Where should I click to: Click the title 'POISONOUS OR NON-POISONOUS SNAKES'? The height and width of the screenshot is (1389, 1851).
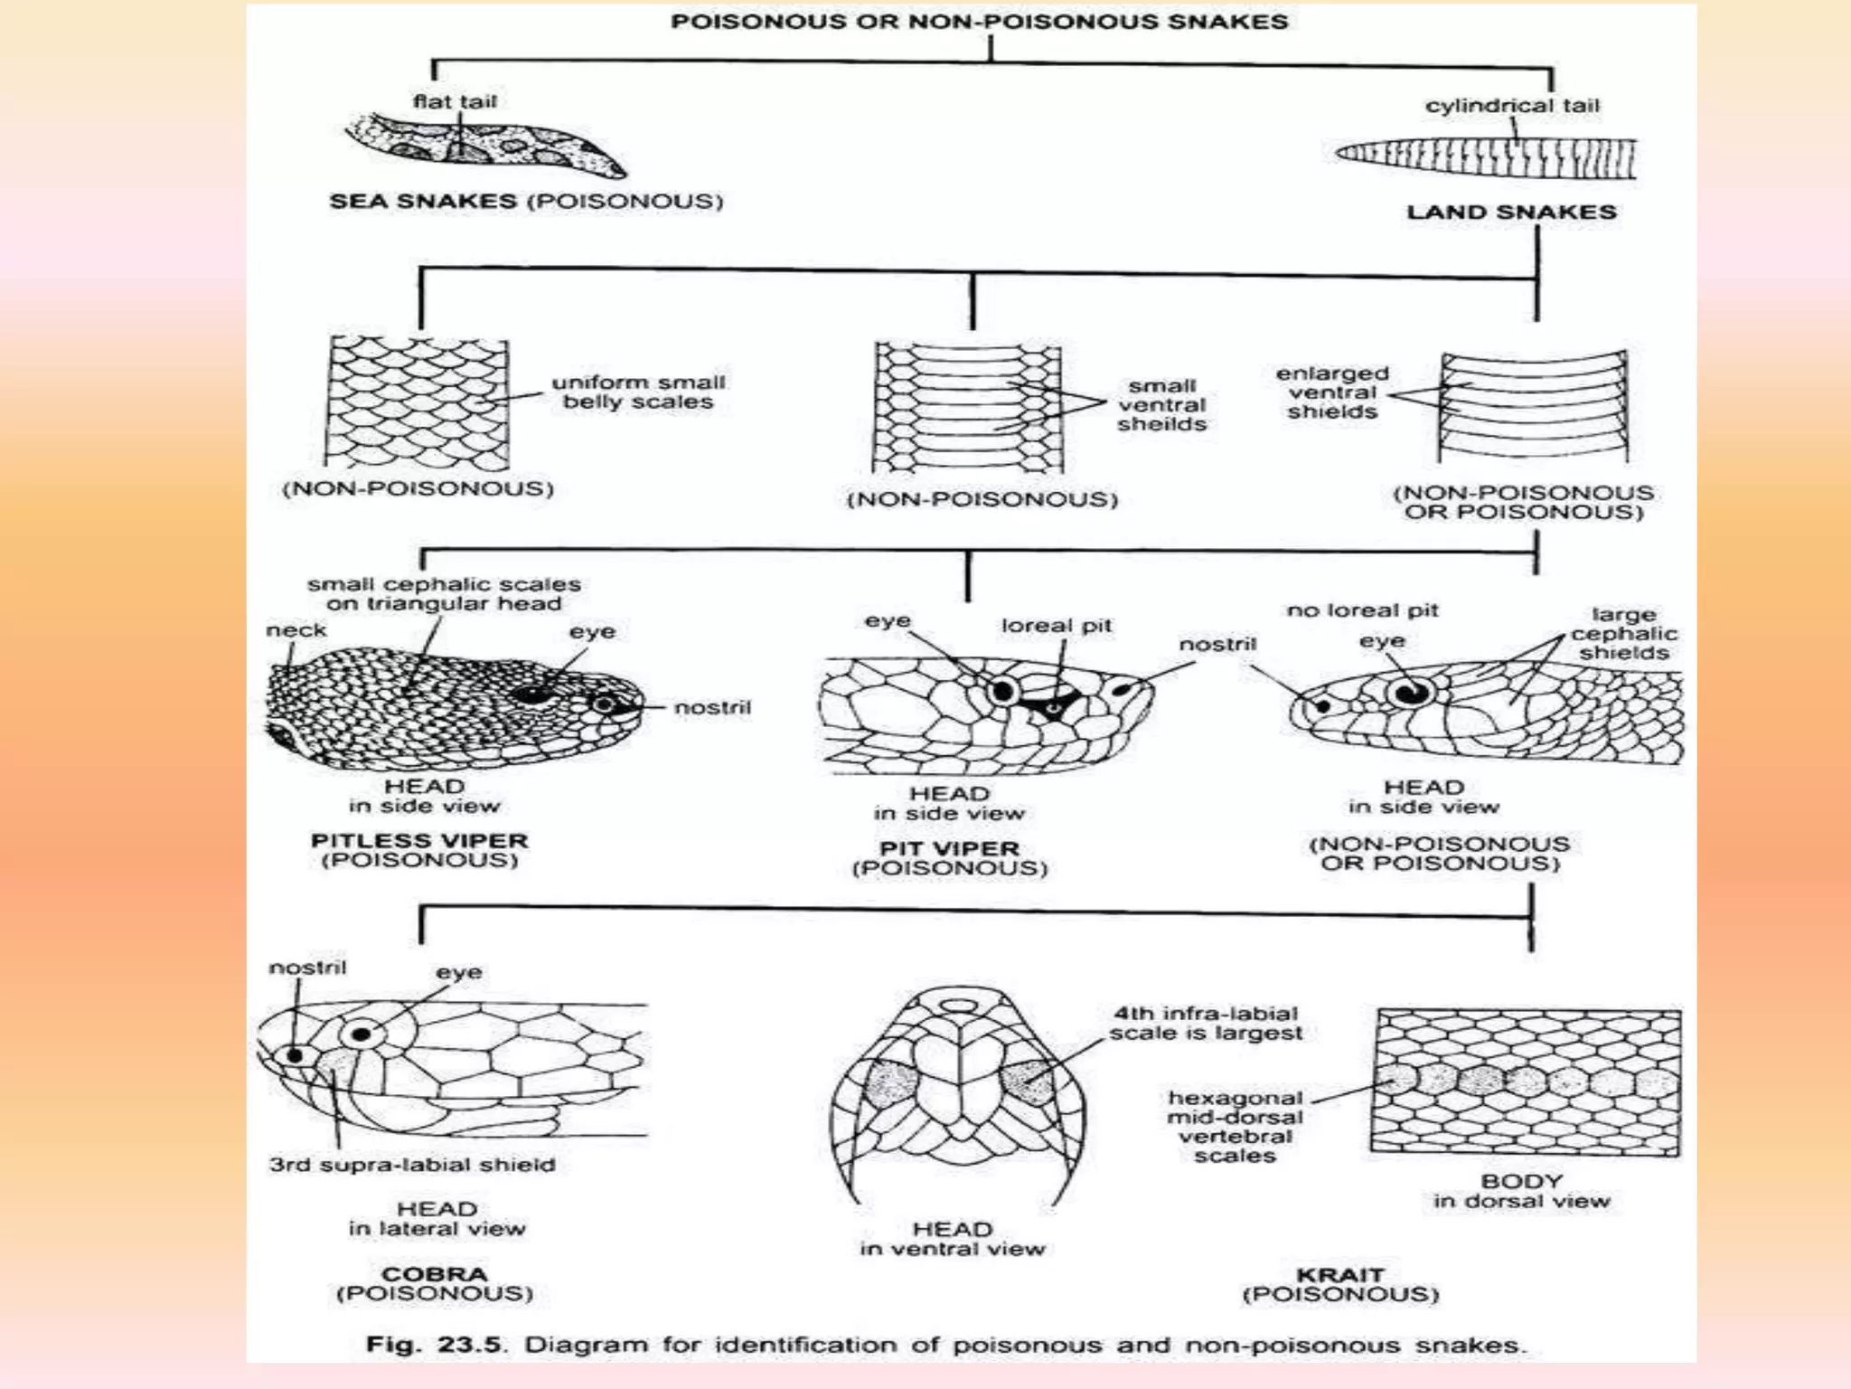click(x=979, y=22)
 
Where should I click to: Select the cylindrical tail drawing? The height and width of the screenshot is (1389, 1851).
click(x=1487, y=157)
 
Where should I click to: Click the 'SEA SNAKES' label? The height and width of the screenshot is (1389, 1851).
click(x=423, y=201)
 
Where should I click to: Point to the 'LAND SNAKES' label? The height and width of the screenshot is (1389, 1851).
click(x=1511, y=213)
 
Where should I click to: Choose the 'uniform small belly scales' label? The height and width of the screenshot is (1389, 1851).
click(x=638, y=392)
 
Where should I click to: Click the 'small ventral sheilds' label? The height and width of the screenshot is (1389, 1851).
click(x=1161, y=405)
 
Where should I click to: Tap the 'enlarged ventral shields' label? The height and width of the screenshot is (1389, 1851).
click(x=1332, y=392)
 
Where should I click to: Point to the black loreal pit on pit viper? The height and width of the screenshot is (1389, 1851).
click(x=1052, y=705)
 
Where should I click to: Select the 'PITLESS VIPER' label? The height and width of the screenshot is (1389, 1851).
click(x=419, y=841)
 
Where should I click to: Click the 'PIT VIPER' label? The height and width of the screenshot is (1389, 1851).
click(x=949, y=849)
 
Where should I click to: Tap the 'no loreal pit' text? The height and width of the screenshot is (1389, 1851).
click(x=1362, y=611)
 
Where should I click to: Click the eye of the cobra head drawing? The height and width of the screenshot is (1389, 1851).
click(x=362, y=1034)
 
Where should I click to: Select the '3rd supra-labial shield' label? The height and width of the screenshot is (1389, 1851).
click(x=412, y=1165)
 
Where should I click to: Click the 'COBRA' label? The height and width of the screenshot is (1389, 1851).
click(x=435, y=1274)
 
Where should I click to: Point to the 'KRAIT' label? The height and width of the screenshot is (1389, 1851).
click(x=1340, y=1275)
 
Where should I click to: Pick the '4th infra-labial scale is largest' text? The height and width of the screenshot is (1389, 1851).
click(x=1206, y=1024)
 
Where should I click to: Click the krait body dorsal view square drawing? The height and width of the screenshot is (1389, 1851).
click(x=1526, y=1082)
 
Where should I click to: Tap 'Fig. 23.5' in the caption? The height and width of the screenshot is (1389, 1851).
click(x=434, y=1345)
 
